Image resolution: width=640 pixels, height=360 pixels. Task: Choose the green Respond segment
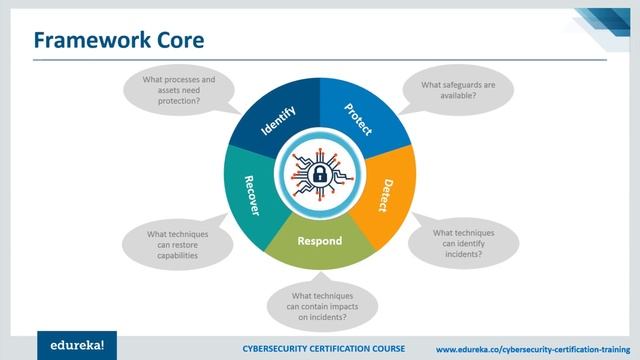[x=320, y=243]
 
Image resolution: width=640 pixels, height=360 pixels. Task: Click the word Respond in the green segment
[x=320, y=241]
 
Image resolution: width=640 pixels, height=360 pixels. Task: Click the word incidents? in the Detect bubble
[x=463, y=255]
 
